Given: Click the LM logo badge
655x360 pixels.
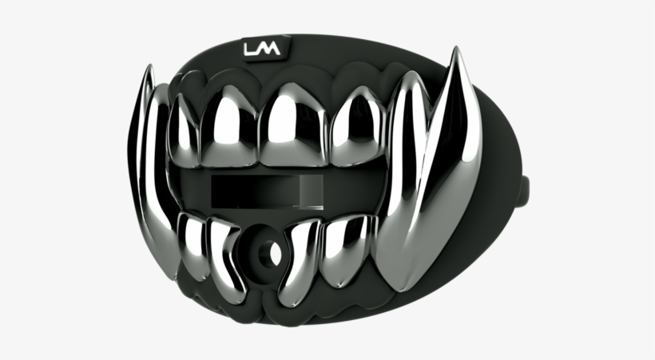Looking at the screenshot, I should pyautogui.click(x=262, y=50).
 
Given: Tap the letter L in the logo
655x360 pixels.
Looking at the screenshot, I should pyautogui.click(x=252, y=50).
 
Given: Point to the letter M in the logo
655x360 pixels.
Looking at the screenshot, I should pyautogui.click(x=270, y=50).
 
